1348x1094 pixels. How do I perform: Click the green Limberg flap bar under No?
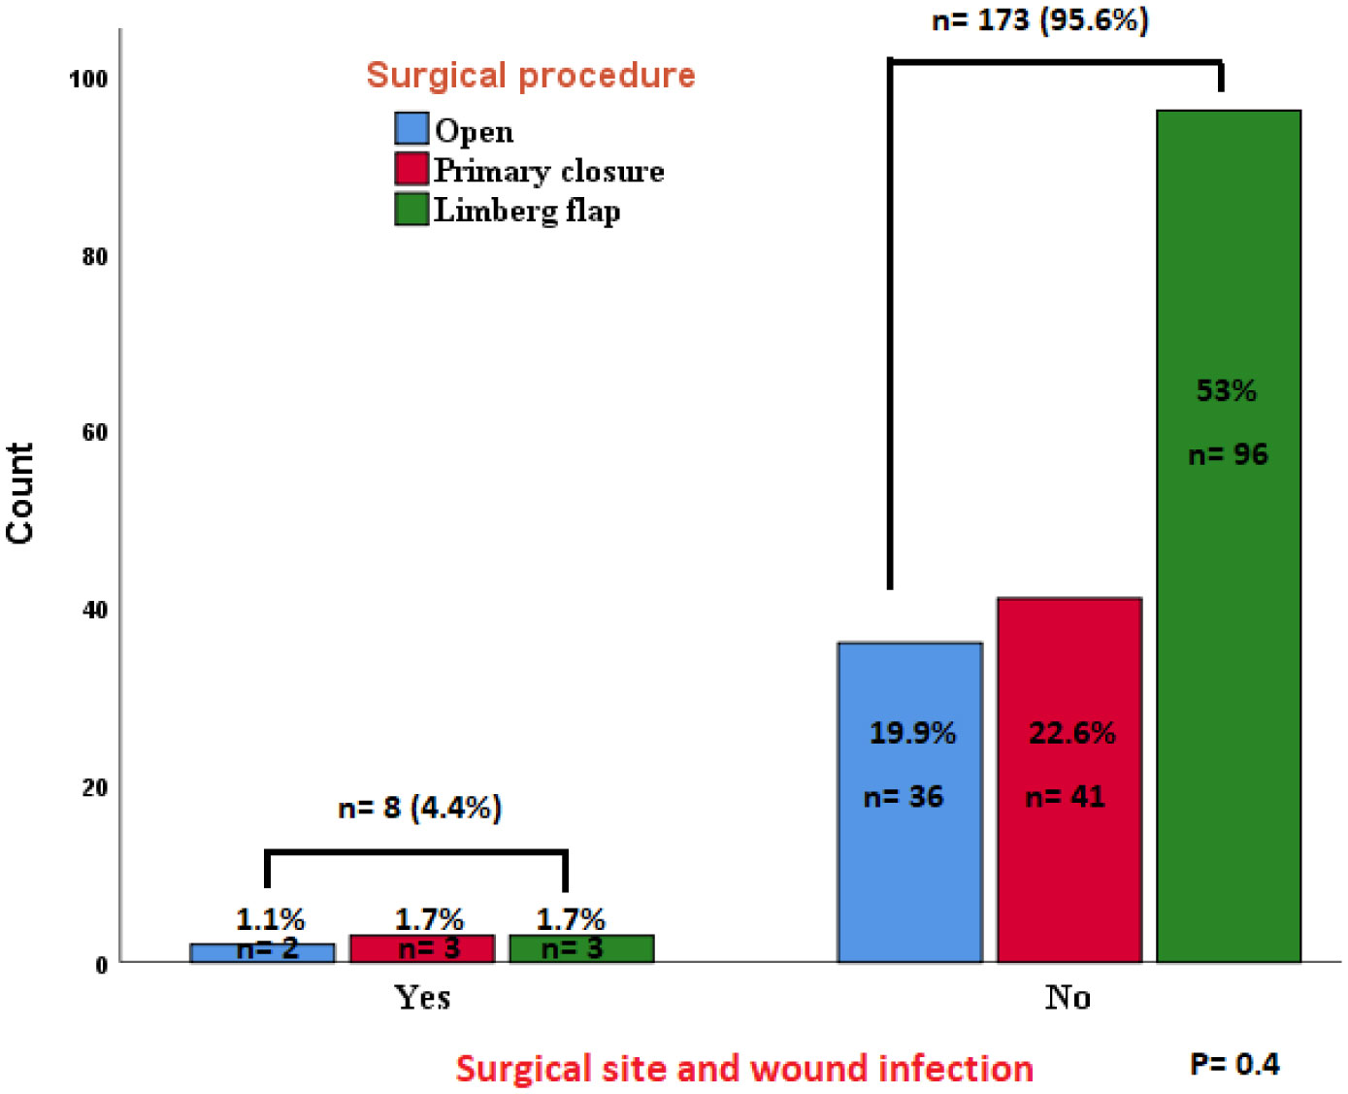point(1228,582)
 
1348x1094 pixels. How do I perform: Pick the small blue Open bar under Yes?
point(262,952)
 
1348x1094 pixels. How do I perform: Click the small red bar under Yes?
point(422,948)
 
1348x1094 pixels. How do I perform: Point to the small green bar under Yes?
point(581,948)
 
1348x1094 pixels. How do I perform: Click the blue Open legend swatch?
point(411,129)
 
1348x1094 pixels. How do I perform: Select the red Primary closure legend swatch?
point(411,169)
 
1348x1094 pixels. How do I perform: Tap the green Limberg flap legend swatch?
point(411,209)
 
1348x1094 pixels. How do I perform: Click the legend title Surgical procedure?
point(531,76)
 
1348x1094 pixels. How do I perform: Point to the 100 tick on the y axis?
point(88,80)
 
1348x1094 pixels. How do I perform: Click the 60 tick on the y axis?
point(94,433)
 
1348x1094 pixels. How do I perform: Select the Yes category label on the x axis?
point(422,998)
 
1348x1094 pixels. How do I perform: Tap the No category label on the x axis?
point(1068,998)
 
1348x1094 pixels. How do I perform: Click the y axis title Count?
point(20,492)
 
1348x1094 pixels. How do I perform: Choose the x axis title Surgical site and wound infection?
point(744,1069)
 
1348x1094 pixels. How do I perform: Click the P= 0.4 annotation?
point(1234,1065)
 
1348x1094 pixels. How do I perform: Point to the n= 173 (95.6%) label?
point(1040,20)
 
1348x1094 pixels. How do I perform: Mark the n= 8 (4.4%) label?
point(419,808)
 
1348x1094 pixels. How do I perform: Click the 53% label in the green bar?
point(1226,391)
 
